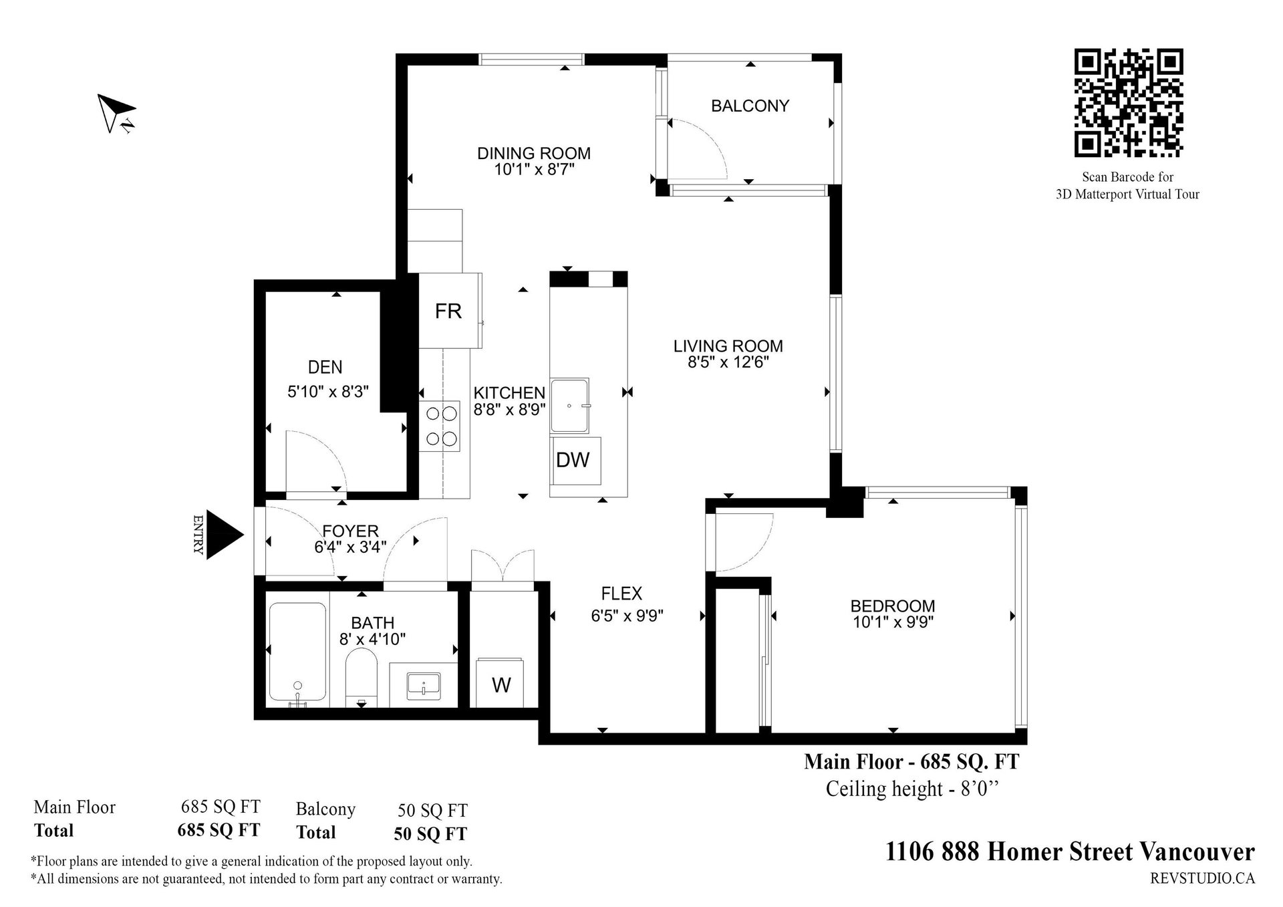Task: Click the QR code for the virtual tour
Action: tap(1128, 103)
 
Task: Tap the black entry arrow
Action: tap(225, 535)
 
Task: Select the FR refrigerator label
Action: tap(448, 311)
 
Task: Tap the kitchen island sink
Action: tap(571, 406)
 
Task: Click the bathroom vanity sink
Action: tap(424, 684)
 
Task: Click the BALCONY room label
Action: tap(750, 106)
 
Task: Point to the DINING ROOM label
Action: tap(534, 153)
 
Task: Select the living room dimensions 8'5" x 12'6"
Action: tap(728, 362)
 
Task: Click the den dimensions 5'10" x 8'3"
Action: tap(328, 392)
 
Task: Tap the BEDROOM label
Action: tap(893, 606)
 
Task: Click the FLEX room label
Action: tap(621, 594)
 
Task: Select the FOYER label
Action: tap(350, 531)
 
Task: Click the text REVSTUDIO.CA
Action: tap(1202, 878)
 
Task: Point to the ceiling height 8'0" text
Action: tap(912, 789)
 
